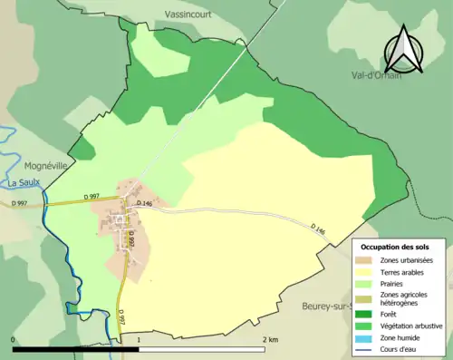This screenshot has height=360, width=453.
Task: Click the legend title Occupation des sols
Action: (x=396, y=247)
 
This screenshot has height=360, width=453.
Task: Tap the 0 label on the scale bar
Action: (x=14, y=339)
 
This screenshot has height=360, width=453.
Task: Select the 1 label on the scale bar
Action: (x=139, y=339)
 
